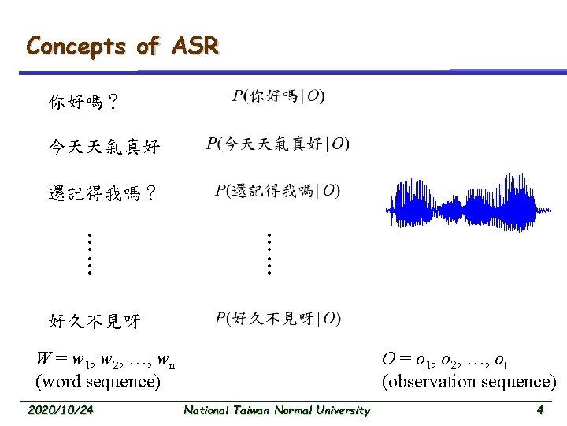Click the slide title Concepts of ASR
122,46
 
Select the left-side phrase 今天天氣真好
104,146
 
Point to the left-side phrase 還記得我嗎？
102,192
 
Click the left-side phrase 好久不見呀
94,320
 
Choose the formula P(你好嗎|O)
279,96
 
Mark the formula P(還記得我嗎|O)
278,190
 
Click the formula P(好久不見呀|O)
278,318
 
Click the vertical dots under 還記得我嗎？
90,252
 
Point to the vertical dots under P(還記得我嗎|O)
269,252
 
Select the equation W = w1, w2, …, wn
106,361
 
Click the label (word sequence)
98,382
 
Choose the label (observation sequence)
469,382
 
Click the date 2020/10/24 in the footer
60,410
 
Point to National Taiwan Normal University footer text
276,410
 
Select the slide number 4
539,410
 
